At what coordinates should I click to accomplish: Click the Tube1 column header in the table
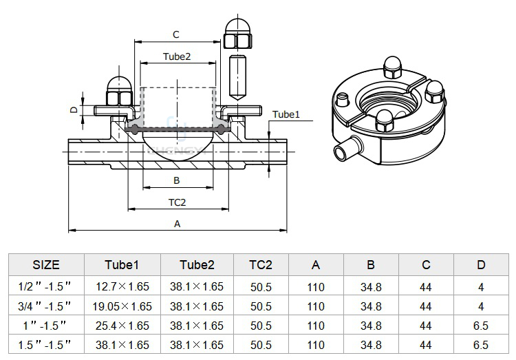[122, 265]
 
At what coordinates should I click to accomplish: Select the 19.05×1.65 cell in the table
[122, 306]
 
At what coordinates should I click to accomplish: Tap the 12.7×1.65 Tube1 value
[122, 286]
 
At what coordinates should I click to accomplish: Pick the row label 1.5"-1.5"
[45, 345]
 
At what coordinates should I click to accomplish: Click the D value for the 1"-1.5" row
[481, 326]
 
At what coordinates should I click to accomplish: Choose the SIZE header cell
[46, 265]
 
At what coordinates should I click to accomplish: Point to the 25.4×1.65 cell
[122, 326]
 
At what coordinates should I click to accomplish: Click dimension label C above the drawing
[176, 34]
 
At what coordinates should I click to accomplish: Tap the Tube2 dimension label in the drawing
[177, 56]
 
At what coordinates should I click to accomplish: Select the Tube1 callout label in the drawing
[286, 114]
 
